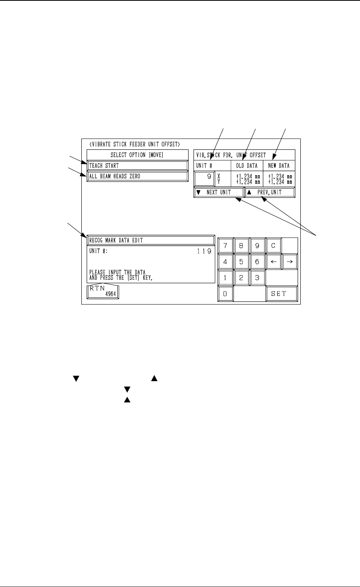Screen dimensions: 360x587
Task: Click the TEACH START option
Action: (x=137, y=166)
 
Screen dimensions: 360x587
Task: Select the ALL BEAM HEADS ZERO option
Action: (x=137, y=176)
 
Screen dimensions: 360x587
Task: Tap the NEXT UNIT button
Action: (x=219, y=192)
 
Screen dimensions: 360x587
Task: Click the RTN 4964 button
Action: (x=103, y=292)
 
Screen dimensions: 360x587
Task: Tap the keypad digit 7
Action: (x=225, y=245)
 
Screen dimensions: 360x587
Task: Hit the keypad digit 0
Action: (x=225, y=294)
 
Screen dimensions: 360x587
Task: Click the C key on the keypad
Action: (x=273, y=245)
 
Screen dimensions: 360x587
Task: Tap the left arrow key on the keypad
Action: (x=273, y=262)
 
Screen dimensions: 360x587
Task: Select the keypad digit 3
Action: (x=257, y=278)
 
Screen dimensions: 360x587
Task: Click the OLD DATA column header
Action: (x=247, y=166)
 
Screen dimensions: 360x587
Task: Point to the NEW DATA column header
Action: (x=279, y=166)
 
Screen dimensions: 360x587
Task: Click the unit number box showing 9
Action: (x=204, y=179)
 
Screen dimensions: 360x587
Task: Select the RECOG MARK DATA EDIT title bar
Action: (x=151, y=240)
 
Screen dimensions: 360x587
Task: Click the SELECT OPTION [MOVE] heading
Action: (x=137, y=155)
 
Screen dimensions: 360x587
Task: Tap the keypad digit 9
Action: (x=257, y=245)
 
